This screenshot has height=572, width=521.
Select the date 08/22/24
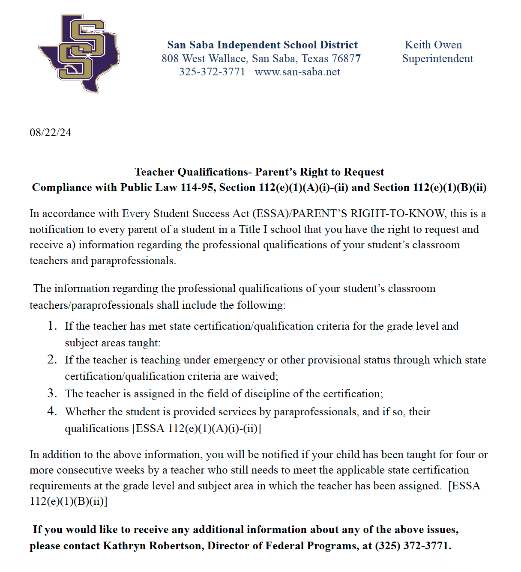tap(50, 133)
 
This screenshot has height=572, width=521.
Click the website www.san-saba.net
tap(297, 72)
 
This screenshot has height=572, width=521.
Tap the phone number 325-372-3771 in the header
tap(212, 72)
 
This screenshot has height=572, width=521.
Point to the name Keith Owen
tap(433, 45)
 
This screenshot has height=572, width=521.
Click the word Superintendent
tap(437, 59)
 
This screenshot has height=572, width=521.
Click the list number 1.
tap(52, 326)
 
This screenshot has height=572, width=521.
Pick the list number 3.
tap(52, 393)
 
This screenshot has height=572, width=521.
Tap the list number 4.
tap(52, 411)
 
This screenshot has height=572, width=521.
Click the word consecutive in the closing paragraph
tap(86, 470)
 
